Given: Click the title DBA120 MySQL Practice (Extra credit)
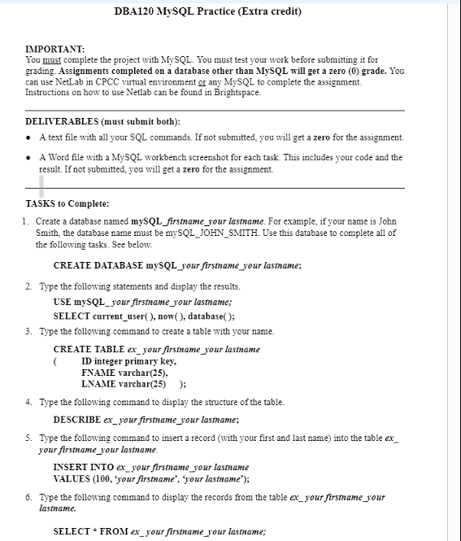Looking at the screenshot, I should coord(208,12).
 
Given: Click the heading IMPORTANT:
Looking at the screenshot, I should coord(54,50).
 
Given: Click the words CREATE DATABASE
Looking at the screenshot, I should coord(98,266).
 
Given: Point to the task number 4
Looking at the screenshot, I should coord(28,403).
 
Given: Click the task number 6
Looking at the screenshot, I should coord(28,496).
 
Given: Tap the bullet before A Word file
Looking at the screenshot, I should coord(30,157).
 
